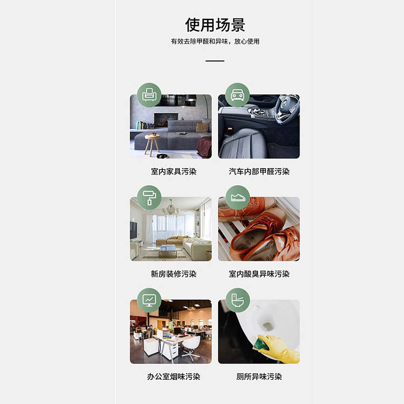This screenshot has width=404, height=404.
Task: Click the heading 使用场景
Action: coord(215,25)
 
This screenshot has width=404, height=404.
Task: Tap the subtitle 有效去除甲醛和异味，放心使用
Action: coord(215,41)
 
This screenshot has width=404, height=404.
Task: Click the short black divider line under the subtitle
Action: coord(215,61)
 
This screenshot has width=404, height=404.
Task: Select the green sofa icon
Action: coord(149,95)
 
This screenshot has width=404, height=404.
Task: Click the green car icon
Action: coord(238,95)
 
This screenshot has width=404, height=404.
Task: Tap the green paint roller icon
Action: coord(149,197)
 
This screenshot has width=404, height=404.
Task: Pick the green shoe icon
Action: coord(238,197)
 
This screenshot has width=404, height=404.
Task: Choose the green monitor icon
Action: coord(149,300)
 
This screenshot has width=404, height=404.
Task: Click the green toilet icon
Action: coord(238,300)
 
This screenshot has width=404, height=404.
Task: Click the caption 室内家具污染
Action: coord(173,172)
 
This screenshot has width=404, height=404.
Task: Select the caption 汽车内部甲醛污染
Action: coord(259,172)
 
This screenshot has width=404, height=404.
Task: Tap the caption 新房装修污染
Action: coord(173,274)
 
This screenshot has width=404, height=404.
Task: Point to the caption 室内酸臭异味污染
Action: coord(259,274)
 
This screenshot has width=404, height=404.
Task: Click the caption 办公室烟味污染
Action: coord(173,377)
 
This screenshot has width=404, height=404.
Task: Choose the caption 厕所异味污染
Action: coord(259,377)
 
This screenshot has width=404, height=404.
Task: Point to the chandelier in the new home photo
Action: coord(171,208)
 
